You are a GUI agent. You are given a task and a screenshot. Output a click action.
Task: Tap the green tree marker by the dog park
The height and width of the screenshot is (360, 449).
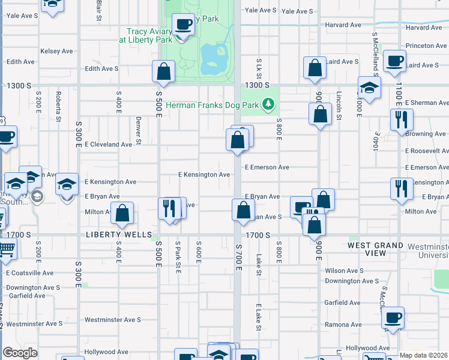coord(270,105)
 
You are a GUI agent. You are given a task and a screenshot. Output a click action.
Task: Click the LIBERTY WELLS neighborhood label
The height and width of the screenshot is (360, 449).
coord(119,235)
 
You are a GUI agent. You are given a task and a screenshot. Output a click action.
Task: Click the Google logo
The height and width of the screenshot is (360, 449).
coord(20,353)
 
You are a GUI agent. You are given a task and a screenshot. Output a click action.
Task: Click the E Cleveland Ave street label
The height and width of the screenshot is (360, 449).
coord(108,145)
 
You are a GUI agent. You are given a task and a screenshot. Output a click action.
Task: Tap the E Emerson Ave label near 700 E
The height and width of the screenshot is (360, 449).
coord(267,167)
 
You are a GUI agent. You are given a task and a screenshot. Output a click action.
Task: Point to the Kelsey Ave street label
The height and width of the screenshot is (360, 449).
coord(56,51)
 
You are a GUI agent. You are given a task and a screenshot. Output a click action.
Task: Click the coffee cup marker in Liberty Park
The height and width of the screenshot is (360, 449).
coord(183,25)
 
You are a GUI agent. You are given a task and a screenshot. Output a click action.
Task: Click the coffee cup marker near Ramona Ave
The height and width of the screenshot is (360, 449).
coord(393,318)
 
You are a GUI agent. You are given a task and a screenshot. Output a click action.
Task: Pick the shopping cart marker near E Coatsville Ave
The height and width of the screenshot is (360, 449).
coord(6,248)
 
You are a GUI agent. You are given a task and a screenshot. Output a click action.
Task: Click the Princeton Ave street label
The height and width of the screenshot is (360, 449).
coord(426,46)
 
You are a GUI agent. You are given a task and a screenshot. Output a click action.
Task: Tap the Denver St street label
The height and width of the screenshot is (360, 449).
coord(138,130)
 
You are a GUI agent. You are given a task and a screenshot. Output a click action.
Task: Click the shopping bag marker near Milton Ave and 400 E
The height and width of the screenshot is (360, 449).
coord(122,214)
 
